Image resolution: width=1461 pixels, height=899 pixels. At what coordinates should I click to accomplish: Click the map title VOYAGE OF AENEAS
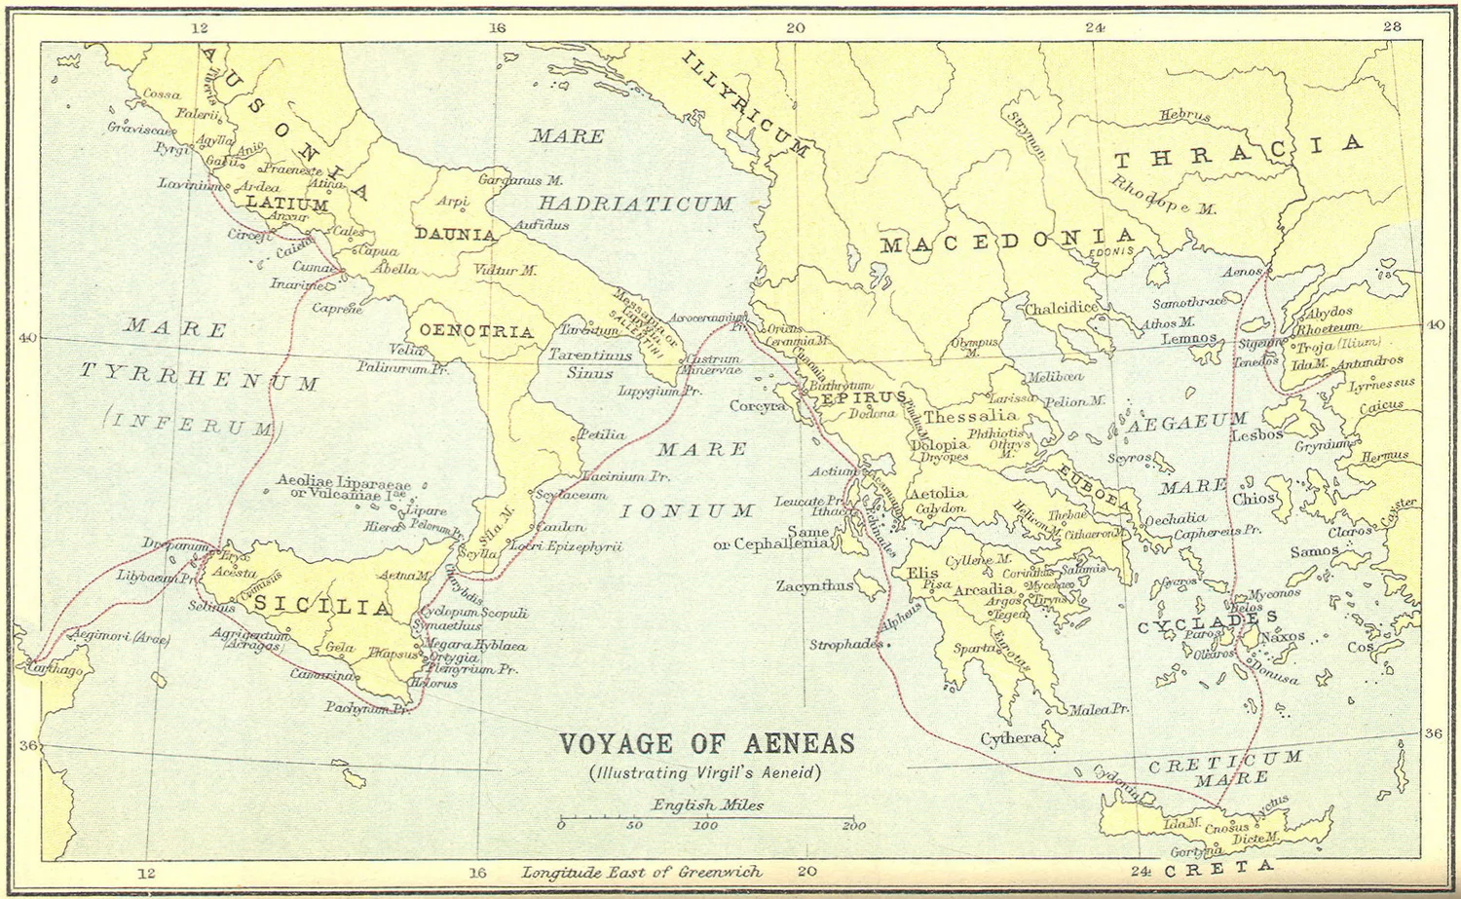pyautogui.click(x=706, y=744)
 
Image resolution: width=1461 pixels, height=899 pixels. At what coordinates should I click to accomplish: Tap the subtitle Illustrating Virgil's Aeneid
pyautogui.click(x=705, y=773)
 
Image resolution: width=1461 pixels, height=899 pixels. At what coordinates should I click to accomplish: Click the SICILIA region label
pyautogui.click(x=323, y=607)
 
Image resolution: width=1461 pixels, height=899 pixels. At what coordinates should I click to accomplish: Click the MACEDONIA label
pyautogui.click(x=1008, y=241)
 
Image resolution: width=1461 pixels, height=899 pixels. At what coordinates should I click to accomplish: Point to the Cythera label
pyautogui.click(x=1010, y=738)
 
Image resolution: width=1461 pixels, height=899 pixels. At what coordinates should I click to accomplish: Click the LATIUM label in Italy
pyautogui.click(x=286, y=204)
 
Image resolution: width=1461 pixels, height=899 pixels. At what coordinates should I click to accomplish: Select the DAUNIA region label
pyautogui.click(x=456, y=235)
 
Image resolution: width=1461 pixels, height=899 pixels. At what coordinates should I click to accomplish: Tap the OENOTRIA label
pyautogui.click(x=476, y=331)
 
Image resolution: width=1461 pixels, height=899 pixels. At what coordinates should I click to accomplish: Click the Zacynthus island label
pyautogui.click(x=814, y=586)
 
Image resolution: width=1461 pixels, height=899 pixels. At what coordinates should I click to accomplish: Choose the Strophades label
pyautogui.click(x=845, y=645)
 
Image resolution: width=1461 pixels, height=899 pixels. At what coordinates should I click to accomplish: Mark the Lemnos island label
pyautogui.click(x=1189, y=339)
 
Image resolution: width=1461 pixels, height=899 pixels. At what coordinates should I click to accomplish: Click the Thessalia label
pyautogui.click(x=970, y=416)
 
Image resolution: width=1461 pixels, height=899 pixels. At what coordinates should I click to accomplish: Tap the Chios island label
pyautogui.click(x=1254, y=499)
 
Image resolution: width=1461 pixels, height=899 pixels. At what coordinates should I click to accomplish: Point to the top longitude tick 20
pyautogui.click(x=796, y=27)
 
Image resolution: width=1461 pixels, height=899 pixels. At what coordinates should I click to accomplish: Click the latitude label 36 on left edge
pyautogui.click(x=27, y=746)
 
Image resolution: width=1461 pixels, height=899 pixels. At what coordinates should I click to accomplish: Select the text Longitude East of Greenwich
pyautogui.click(x=642, y=873)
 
